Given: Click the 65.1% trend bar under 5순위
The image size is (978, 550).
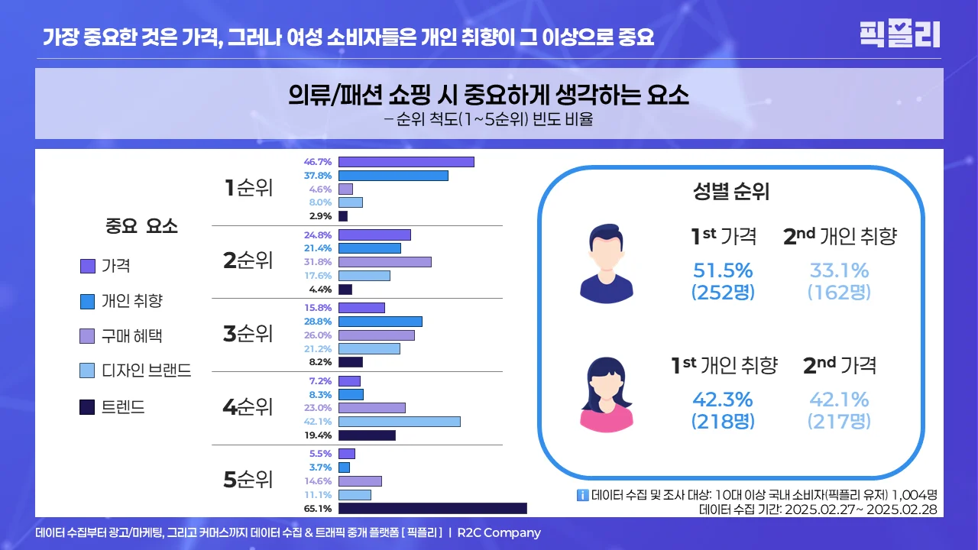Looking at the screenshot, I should coord(432,508).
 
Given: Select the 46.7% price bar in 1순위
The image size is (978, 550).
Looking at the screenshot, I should coord(406,162).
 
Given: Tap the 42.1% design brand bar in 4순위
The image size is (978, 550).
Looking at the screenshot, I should coord(399,422).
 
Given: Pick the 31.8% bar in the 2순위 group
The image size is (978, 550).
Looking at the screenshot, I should coord(384,262).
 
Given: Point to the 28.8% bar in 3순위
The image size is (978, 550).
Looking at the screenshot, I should coord(380,322).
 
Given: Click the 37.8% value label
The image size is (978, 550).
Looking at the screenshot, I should coord(318,176).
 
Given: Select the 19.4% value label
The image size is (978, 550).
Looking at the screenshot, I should coord(318,435).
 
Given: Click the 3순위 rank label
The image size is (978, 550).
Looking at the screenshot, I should coord(248,334).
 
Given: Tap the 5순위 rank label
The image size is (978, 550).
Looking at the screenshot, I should coord(248,480).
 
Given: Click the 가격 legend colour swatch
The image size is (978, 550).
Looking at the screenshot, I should coord(87,266).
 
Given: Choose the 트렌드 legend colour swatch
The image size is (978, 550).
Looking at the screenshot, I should coord(87,407).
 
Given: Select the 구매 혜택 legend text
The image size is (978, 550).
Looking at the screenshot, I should coord(131,336).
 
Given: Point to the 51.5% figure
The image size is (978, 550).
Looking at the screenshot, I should coord(723,271).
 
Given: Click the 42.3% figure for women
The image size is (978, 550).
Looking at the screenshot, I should coord(723,400).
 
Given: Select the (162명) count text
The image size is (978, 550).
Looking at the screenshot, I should coord(839,292).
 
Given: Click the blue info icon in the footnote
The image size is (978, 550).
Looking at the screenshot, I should coord(582,495).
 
